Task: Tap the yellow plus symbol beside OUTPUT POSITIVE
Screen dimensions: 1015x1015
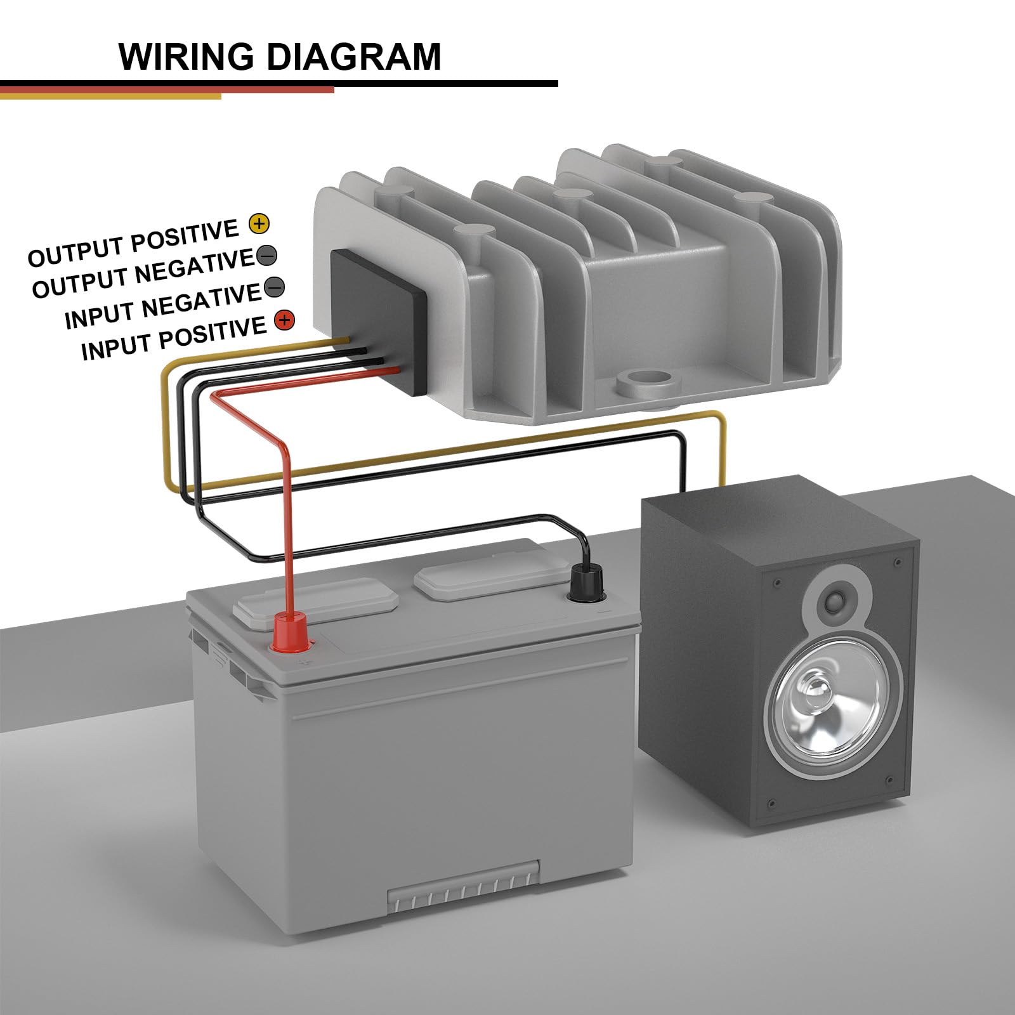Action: click(x=259, y=223)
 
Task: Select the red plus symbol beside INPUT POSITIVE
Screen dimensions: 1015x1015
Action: click(x=284, y=320)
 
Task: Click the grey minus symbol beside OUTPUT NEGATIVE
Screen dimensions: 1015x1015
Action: click(x=267, y=255)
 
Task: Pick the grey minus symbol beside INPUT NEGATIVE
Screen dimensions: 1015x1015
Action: click(x=274, y=287)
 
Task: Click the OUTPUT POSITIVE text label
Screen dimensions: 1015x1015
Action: click(x=133, y=243)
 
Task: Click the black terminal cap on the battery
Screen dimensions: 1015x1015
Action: click(x=587, y=584)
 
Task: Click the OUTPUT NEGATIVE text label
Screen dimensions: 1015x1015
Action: click(x=143, y=274)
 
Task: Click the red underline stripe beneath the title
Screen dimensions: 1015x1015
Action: click(x=167, y=90)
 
